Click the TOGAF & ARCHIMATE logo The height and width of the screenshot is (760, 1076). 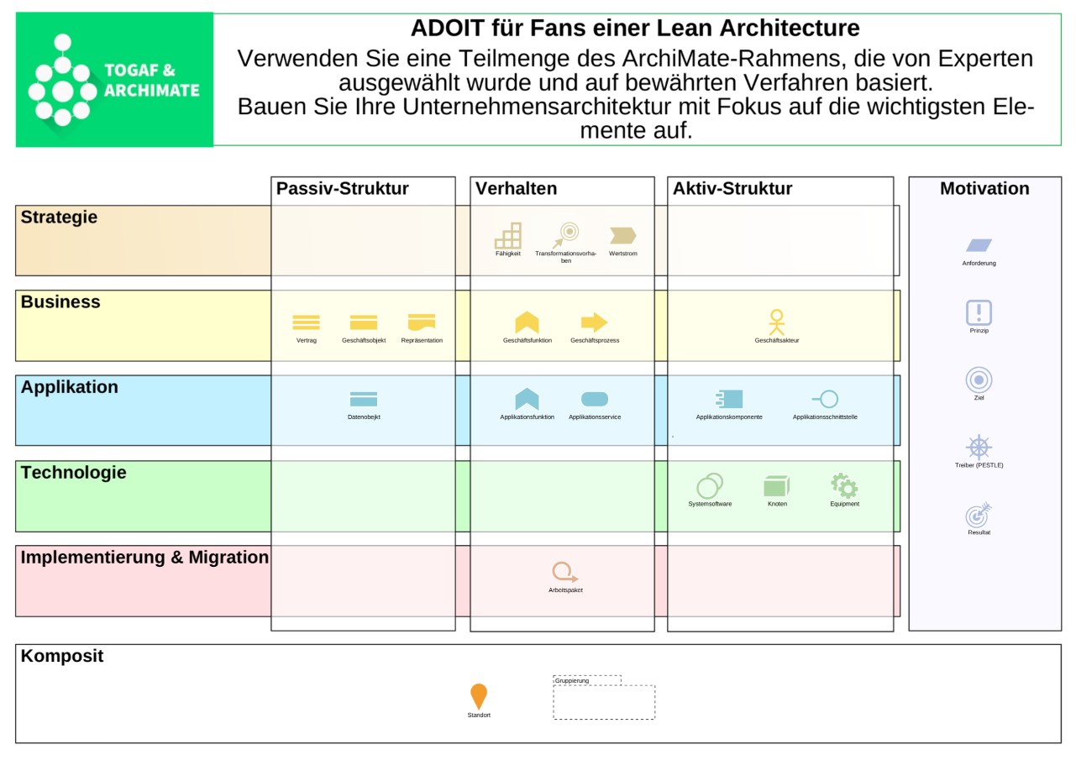pos(114,80)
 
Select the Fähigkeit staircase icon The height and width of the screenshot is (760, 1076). pos(508,236)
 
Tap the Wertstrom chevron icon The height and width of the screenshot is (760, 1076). pos(622,236)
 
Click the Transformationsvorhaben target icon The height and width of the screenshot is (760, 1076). pos(567,234)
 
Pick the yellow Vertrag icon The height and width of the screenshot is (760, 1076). pos(306,322)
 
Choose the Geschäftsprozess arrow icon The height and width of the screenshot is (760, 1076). pos(594,322)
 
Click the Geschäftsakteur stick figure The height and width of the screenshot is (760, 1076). pos(776,322)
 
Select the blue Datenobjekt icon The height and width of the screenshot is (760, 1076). pos(364,399)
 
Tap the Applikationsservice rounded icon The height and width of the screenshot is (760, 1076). pos(595,399)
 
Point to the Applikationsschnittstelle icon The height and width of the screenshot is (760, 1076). pos(825,399)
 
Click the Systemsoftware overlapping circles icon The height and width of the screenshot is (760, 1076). pos(710,486)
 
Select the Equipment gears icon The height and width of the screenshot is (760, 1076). pos(844,485)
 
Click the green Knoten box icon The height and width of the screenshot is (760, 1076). pos(777,486)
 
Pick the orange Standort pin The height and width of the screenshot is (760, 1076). pos(479,696)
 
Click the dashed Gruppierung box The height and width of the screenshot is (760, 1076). pos(604,701)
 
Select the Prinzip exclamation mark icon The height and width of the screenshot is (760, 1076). pos(979,312)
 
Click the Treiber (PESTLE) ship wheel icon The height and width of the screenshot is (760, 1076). pos(979,447)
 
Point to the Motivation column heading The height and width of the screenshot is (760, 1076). pos(984,189)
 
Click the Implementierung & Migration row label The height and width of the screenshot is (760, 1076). pos(144,558)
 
